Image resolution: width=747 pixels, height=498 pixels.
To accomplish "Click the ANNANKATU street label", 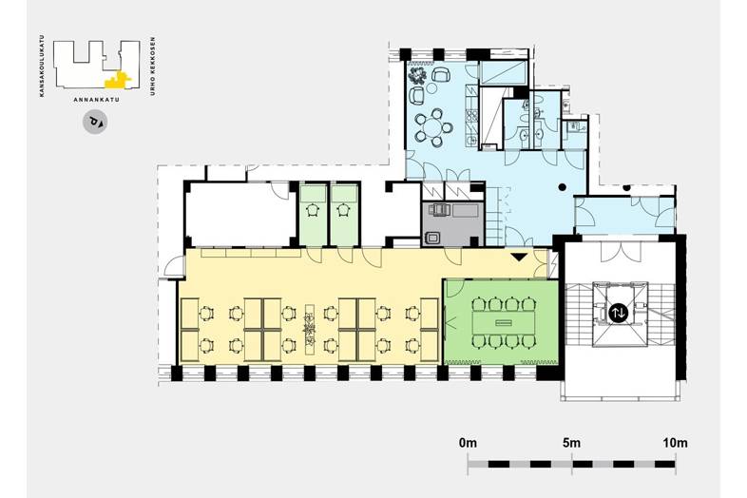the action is (97, 100).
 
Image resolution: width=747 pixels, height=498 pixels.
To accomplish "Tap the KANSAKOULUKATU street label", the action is (43, 66).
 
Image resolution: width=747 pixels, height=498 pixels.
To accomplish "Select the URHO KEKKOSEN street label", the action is (153, 67).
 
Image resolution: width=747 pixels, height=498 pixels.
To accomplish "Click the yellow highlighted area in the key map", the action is (117, 81).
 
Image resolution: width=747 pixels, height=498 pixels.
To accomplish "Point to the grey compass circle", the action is (95, 123).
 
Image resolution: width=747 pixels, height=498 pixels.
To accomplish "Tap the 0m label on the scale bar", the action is (468, 443).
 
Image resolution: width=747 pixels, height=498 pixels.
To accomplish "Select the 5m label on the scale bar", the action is (572, 443).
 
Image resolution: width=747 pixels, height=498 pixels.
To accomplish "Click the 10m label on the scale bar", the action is (675, 443).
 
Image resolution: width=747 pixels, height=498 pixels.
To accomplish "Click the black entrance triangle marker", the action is (519, 257).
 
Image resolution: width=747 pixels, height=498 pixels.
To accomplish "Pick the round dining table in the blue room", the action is (433, 127).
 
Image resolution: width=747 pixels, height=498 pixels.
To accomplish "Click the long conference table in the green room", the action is (502, 323).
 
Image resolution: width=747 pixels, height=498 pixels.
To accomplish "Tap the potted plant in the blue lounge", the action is (418, 75).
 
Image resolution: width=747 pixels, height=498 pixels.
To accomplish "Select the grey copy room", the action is (452, 223).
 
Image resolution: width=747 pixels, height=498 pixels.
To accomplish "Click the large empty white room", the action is (239, 214).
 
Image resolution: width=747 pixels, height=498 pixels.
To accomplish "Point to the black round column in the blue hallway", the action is (563, 187).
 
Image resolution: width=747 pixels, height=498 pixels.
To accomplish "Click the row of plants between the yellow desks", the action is (310, 328).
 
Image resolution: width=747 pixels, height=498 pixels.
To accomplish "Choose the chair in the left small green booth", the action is (313, 210).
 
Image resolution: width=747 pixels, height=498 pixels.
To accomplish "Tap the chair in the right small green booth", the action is (343, 210).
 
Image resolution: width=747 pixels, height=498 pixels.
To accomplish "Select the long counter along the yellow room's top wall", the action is (251, 252).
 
